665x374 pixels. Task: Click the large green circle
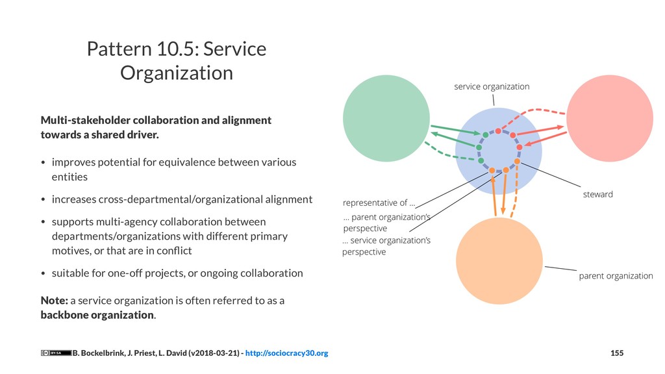coord(386,118)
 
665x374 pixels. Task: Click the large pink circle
coord(610,117)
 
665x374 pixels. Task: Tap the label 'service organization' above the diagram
coord(491,86)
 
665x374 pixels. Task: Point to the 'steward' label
coord(598,194)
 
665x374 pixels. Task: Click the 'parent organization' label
coord(616,276)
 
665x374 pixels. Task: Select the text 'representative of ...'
coord(379,202)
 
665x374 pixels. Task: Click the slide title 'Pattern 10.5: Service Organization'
coord(177,61)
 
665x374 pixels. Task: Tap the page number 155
coord(617,353)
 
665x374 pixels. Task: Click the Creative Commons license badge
coord(56,353)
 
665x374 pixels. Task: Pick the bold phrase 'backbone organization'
coord(97,315)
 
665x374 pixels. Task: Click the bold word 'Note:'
coord(54,301)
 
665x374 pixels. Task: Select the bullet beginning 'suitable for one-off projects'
coord(177,273)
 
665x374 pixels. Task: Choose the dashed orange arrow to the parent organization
coord(516,194)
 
